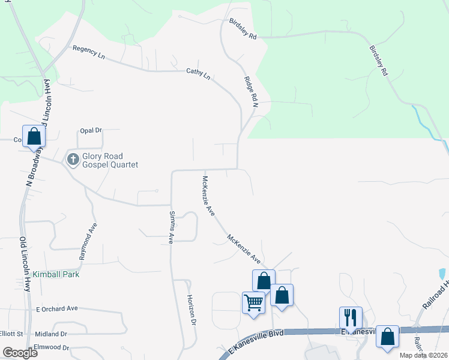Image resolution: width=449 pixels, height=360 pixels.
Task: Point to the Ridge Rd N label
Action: (250, 92)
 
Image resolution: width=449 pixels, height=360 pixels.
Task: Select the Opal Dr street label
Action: (91, 130)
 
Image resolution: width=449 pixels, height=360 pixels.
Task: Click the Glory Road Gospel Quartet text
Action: (111, 160)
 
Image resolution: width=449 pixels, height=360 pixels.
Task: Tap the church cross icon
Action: (73, 160)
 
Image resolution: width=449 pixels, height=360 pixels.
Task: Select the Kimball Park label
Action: (56, 274)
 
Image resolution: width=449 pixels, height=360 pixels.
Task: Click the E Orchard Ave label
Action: (57, 308)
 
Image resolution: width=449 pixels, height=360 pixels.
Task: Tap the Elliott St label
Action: (11, 334)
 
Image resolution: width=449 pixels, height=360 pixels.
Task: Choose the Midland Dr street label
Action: (51, 334)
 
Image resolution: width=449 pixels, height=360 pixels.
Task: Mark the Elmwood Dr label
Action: (52, 347)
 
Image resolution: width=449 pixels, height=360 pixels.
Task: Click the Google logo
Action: (19, 353)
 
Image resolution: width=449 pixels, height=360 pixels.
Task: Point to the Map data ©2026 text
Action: (423, 355)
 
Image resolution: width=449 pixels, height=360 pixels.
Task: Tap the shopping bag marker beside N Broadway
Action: (34, 136)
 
